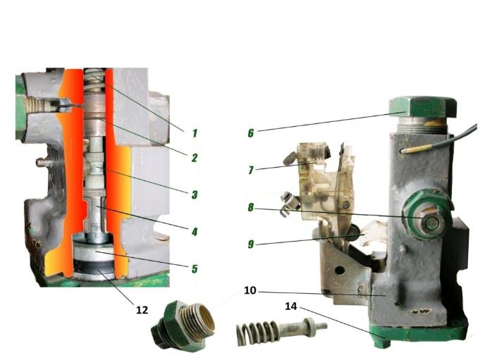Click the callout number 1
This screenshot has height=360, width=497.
[195, 133]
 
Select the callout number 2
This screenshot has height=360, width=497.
[195, 157]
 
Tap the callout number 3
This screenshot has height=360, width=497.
[195, 194]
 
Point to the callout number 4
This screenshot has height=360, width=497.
[195, 232]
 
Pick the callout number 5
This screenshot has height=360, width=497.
[195, 269]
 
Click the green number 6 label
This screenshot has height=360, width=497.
[251, 132]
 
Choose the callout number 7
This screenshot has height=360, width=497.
[251, 170]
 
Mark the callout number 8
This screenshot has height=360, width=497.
[251, 207]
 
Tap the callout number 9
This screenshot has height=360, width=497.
[251, 244]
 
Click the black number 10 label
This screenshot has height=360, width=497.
[250, 290]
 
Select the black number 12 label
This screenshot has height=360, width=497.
[142, 310]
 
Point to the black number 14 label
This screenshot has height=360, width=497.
[291, 306]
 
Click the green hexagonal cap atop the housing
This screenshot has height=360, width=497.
[422, 108]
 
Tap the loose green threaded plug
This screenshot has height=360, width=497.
[183, 326]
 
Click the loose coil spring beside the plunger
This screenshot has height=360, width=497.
[257, 333]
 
